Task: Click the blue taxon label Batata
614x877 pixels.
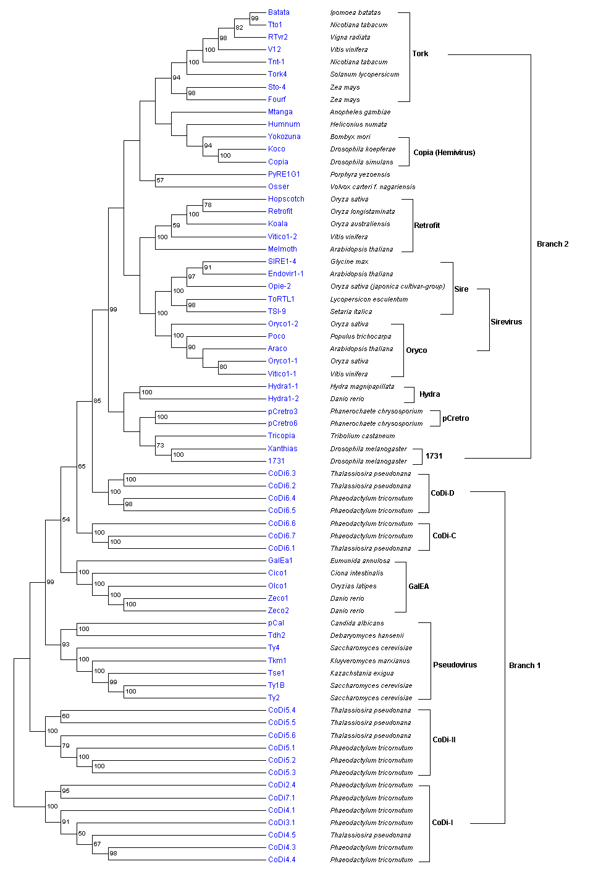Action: [x=279, y=12]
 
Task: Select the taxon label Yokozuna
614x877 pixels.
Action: [x=284, y=137]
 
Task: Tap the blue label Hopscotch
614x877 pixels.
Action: [x=286, y=199]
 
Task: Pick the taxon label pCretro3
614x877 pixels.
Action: [x=283, y=411]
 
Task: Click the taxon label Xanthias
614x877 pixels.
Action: [x=282, y=449]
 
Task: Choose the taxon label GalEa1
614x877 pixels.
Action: [x=280, y=561]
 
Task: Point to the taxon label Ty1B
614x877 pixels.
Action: [x=276, y=685]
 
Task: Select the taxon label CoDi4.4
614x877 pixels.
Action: [x=282, y=860]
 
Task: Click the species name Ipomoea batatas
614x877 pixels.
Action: [x=355, y=12]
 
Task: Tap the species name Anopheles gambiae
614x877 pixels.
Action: [x=360, y=112]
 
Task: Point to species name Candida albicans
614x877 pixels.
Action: [x=357, y=623]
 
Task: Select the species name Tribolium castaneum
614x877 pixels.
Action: [x=363, y=436]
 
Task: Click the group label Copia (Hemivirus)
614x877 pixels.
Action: [x=444, y=153]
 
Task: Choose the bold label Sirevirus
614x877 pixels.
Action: [x=506, y=322]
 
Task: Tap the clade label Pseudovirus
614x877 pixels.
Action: [x=455, y=665]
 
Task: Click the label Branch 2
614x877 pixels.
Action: [x=552, y=244]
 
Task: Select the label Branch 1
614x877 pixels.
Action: [x=524, y=666]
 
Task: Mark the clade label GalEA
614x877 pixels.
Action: [x=418, y=587]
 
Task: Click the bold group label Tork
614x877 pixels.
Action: [x=420, y=54]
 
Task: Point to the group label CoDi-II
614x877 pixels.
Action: [x=444, y=740]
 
